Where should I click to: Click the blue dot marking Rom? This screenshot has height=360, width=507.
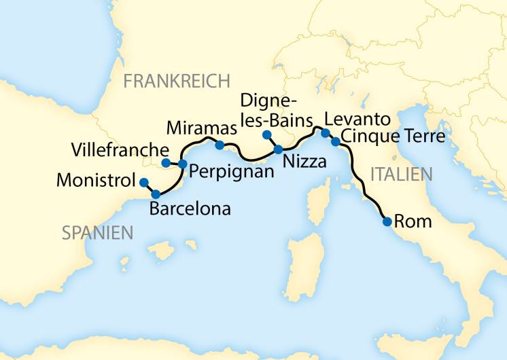click(387, 221)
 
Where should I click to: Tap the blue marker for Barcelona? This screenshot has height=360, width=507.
click(156, 194)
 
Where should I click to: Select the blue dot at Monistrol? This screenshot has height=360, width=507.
click(143, 182)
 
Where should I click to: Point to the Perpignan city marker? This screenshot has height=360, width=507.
click(182, 164)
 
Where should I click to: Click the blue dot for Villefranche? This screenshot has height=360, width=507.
click(167, 163)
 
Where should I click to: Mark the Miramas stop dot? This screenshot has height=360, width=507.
click(220, 145)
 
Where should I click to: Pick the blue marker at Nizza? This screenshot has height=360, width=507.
click(278, 149)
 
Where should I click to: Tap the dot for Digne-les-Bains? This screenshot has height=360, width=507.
click(267, 134)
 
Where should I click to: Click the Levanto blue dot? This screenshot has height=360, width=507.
click(325, 133)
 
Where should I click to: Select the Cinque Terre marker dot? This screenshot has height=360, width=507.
click(335, 142)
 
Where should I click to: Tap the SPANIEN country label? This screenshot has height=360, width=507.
click(97, 234)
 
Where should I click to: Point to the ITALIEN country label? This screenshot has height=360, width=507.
click(402, 174)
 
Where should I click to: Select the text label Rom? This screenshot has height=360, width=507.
click(410, 221)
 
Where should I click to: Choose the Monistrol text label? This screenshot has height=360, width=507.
click(96, 181)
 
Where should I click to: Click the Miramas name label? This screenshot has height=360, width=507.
click(202, 128)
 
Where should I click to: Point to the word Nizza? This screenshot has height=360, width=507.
click(304, 162)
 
